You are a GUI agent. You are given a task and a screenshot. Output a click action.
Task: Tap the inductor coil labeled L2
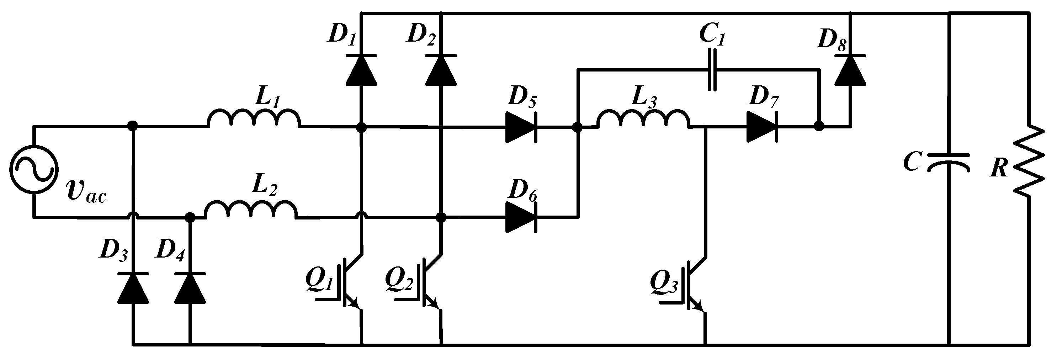pyautogui.click(x=251, y=210)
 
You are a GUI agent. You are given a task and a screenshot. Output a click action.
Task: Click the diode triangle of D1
pyautogui.click(x=361, y=70)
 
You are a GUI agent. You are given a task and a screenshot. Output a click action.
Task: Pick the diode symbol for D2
pyautogui.click(x=441, y=70)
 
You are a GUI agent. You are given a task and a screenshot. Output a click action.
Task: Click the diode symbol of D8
pyautogui.click(x=850, y=70)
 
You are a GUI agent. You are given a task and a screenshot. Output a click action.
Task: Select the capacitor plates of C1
pyautogui.click(x=713, y=70)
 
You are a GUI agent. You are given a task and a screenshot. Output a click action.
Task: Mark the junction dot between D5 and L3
pyautogui.click(x=577, y=127)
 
